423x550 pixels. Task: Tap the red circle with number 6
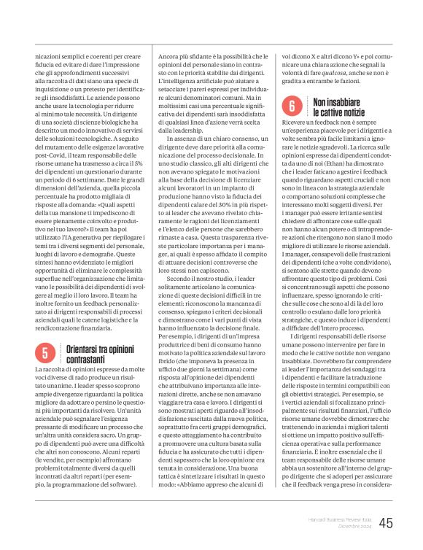pyautogui.click(x=290, y=106)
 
